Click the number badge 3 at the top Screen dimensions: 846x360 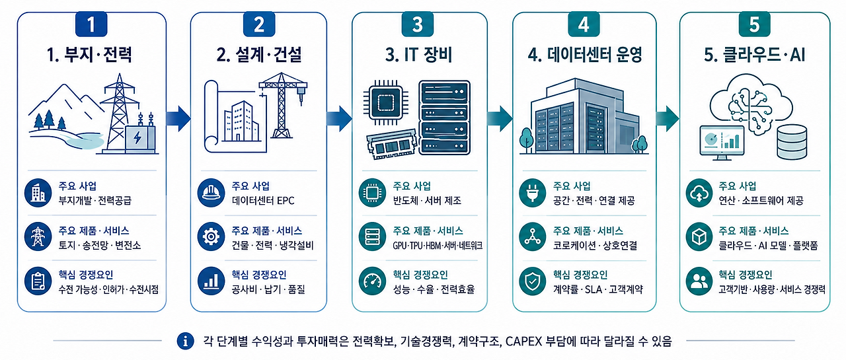417,24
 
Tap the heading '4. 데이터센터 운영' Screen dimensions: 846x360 585,55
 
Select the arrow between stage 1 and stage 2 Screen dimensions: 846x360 178,118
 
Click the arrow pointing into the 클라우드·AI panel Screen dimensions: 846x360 668,118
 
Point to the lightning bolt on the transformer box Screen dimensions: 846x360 137,138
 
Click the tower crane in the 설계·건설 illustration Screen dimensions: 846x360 282,105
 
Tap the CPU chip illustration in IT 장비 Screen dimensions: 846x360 386,102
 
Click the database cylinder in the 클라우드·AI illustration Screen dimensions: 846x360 792,141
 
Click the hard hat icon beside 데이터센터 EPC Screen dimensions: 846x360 211,193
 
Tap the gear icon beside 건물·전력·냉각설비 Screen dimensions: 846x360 211,237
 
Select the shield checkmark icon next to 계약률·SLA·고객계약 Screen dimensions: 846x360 533,281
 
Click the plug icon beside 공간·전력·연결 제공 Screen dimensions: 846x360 533,193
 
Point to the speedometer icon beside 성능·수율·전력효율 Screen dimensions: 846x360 372,281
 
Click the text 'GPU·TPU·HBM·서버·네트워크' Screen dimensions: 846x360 438,246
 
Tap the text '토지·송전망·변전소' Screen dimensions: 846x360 100,245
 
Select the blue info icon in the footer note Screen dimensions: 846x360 185,341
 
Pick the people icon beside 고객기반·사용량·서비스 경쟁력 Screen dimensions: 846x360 699,281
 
